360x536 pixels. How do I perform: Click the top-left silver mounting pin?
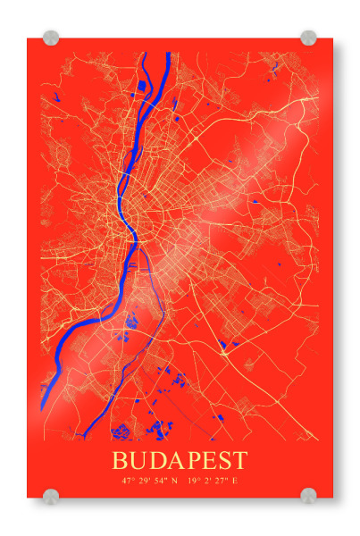point(51,38)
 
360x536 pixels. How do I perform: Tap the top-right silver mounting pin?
point(308,38)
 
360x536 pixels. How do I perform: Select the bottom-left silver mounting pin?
point(51,496)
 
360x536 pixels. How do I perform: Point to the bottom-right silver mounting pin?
point(308,496)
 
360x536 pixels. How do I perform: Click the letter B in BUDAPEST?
point(121,461)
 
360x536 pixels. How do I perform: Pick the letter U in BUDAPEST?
point(139,461)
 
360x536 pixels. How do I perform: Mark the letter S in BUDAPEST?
point(224,461)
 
